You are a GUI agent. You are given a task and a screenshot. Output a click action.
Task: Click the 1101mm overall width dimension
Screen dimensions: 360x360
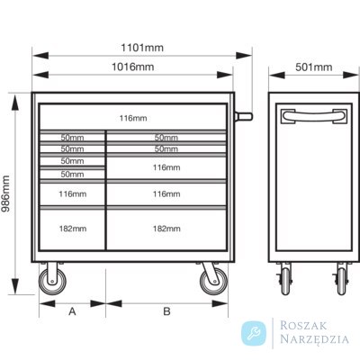[x=142, y=48]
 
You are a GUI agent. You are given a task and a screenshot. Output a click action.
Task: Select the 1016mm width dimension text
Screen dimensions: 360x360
[x=133, y=67]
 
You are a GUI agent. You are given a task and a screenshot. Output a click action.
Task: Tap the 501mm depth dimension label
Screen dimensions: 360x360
[x=314, y=67]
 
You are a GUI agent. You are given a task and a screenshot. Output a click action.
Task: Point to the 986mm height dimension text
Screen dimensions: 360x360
[x=5, y=193]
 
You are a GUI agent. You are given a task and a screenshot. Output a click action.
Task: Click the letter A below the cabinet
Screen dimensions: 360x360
[x=72, y=311]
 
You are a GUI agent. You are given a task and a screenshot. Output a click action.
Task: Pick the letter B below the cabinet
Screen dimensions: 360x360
[x=166, y=311]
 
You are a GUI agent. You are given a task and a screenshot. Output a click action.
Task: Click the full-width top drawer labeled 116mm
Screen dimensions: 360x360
[x=133, y=117]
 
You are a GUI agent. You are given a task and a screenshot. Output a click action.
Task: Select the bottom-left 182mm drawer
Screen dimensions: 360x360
[x=73, y=229]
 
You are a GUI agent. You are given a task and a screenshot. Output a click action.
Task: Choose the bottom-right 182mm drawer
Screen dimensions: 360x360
[x=166, y=229]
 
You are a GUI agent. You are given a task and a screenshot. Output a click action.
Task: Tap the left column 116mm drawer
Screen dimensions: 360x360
[x=73, y=194]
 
